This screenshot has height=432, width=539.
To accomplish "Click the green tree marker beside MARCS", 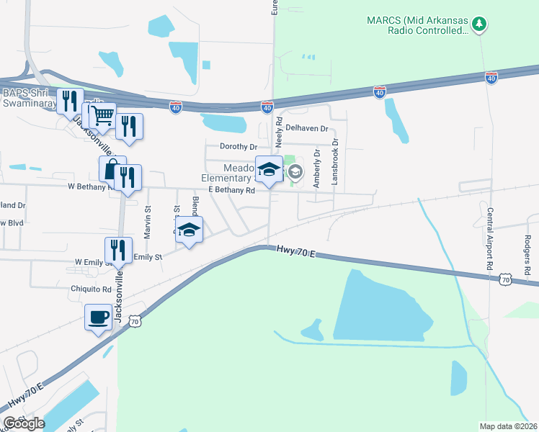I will (x=479, y=25).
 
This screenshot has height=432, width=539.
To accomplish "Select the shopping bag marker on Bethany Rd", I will (x=112, y=170).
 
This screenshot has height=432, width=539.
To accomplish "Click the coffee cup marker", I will (x=98, y=317).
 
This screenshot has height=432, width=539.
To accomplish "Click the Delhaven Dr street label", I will (x=306, y=128).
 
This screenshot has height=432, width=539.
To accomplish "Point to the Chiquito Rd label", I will (x=91, y=289).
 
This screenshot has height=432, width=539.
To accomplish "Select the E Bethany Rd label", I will (x=231, y=191).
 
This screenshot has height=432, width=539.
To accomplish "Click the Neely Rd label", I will (x=278, y=130).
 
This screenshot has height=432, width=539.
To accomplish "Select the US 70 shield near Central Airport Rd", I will (x=506, y=279).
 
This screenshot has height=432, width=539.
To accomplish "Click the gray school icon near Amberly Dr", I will (x=295, y=172).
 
